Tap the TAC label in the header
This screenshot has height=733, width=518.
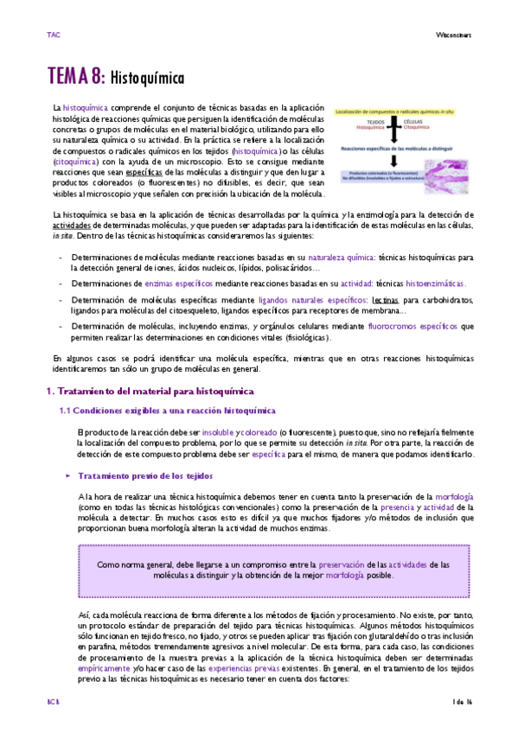pyautogui.click(x=53, y=35)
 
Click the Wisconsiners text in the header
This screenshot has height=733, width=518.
pyautogui.click(x=451, y=35)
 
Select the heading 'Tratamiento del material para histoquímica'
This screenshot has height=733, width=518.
pyautogui.click(x=143, y=392)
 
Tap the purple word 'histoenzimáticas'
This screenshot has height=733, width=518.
pyautogui.click(x=434, y=284)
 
